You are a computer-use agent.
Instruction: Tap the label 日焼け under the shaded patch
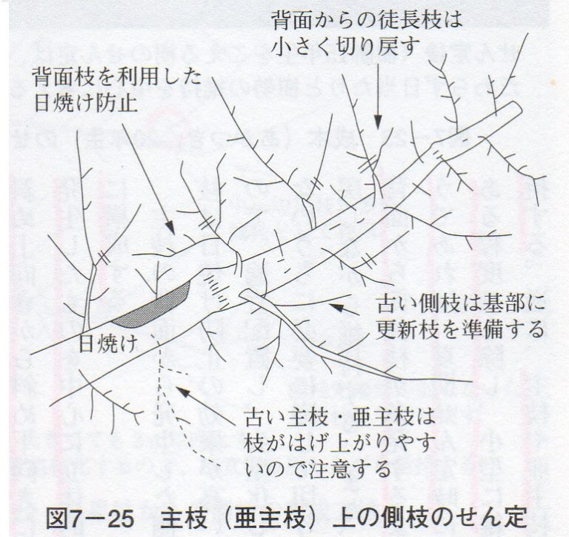click(107, 343)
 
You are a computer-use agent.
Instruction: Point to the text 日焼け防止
click(86, 104)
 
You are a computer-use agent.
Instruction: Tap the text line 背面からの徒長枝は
click(367, 19)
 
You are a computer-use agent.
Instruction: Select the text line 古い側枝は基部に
click(461, 304)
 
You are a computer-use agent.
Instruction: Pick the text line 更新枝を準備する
click(460, 329)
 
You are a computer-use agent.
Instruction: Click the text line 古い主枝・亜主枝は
click(339, 417)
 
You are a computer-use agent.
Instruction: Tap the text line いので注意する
click(318, 469)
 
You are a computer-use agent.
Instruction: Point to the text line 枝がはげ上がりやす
click(340, 443)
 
